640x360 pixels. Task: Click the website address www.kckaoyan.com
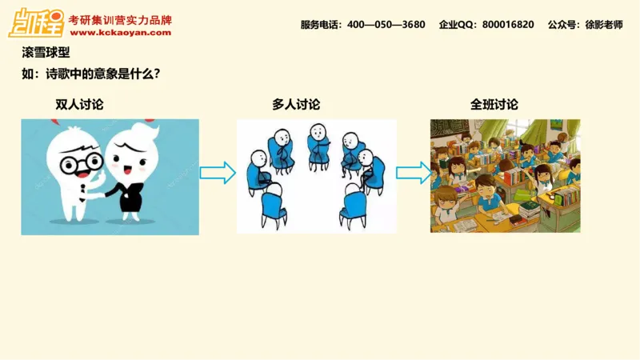pyautogui.click(x=120, y=33)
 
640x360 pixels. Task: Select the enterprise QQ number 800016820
pyautogui.click(x=508, y=25)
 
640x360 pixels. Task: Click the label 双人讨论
pyautogui.click(x=79, y=105)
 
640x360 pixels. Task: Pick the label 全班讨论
pyautogui.click(x=494, y=105)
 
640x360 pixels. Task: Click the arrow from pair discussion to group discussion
pyautogui.click(x=217, y=172)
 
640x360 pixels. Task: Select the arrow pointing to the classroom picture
pyautogui.click(x=414, y=172)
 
